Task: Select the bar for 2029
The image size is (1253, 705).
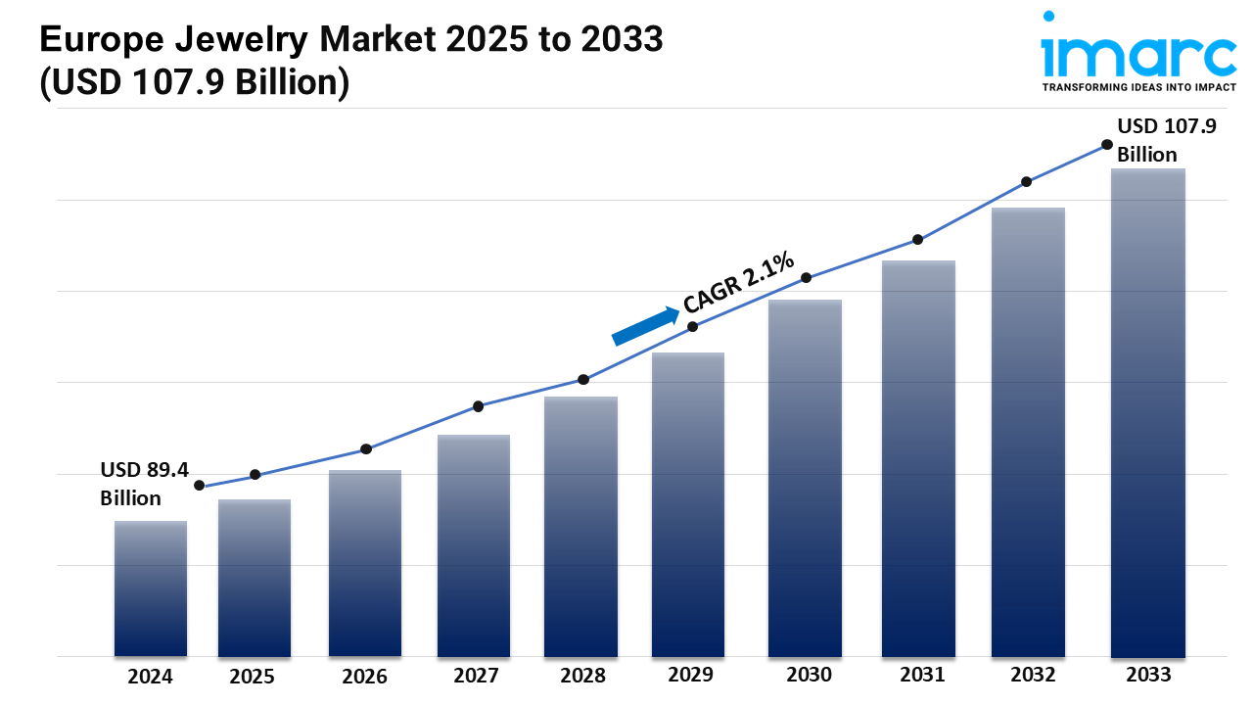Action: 688,504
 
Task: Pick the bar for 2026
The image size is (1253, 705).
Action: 365,563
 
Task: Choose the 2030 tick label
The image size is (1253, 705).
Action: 809,675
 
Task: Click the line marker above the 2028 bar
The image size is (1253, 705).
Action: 583,379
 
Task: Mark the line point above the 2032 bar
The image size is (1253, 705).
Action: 1027,181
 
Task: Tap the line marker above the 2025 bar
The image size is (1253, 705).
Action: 255,475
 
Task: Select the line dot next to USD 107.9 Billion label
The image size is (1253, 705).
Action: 1107,144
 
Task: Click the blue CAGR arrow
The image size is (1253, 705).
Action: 646,326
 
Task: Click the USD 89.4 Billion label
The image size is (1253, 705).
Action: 144,484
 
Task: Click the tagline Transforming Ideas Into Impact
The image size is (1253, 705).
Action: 1138,87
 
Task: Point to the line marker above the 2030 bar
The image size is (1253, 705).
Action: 807,277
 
